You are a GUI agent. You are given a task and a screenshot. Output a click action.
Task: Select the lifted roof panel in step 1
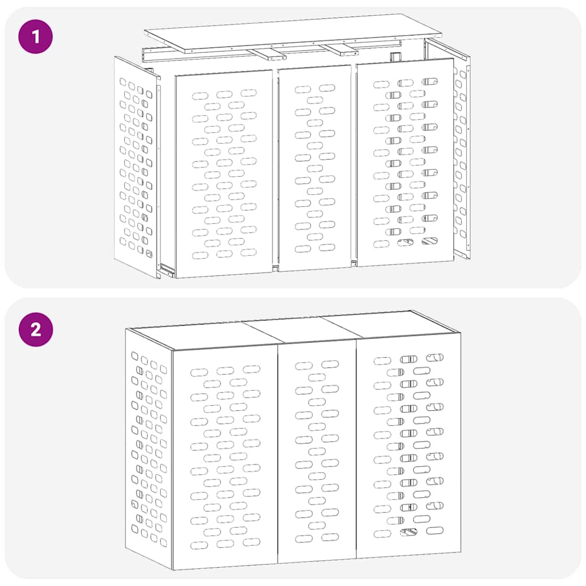click(x=292, y=31)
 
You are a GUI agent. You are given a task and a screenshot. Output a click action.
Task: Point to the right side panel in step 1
click(x=461, y=160)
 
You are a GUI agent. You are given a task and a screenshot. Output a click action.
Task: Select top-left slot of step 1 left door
click(x=200, y=96)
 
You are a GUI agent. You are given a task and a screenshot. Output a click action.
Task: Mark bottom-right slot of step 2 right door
click(x=434, y=530)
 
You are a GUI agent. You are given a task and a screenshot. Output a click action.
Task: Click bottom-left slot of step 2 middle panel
click(x=304, y=539)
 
